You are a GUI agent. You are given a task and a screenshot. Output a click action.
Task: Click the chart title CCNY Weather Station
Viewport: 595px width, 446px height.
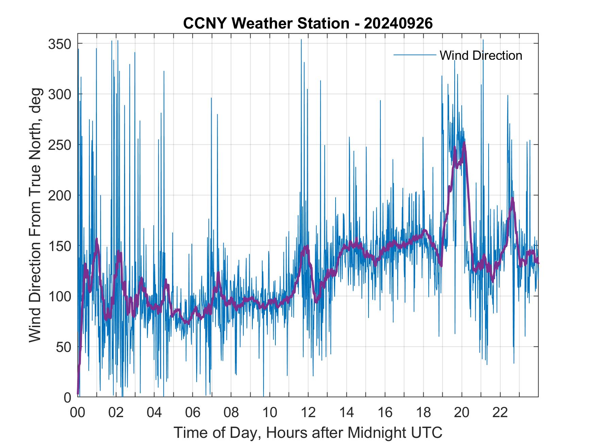pos(308,23)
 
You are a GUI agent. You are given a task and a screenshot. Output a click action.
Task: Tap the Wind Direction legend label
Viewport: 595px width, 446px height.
pos(481,55)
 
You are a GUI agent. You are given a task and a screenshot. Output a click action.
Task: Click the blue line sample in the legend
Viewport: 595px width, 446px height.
pos(414,55)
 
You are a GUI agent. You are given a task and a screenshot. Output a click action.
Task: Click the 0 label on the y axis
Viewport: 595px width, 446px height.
pos(67,397)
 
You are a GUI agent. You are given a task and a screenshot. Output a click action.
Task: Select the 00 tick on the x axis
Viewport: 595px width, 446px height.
pos(78,413)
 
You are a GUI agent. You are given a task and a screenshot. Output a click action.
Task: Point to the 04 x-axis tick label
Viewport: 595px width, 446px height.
pos(154,413)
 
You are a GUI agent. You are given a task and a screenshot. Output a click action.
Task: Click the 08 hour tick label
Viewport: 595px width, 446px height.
pos(231,413)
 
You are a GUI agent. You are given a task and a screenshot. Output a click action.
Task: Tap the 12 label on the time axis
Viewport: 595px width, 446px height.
pos(308,413)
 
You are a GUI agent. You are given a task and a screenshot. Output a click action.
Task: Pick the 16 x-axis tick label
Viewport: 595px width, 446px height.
pos(385,413)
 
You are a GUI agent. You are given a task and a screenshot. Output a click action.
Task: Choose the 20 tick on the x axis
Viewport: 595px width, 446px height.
pos(462,413)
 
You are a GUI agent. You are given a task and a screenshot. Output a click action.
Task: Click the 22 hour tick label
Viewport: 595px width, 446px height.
pos(500,413)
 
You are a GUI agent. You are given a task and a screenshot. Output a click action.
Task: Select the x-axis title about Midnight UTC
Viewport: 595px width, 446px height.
pos(308,432)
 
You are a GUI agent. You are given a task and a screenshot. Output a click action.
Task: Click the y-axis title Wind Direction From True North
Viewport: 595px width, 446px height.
pos(35,215)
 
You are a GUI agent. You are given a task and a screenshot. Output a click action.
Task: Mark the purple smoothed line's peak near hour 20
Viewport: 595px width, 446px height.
pos(464,143)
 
